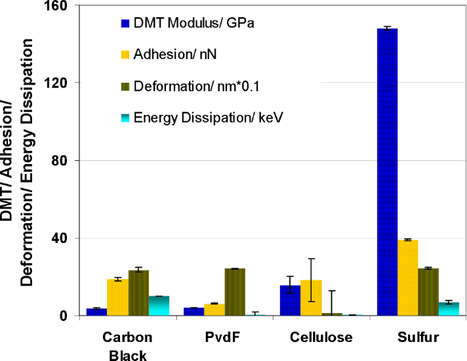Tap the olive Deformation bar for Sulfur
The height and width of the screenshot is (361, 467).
point(428,292)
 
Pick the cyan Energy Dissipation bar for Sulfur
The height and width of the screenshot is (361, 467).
point(448,309)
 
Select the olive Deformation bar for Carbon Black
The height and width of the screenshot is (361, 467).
point(138,293)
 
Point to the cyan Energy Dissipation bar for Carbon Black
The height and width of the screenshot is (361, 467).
point(158,306)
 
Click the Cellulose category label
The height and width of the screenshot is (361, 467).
point(321,338)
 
